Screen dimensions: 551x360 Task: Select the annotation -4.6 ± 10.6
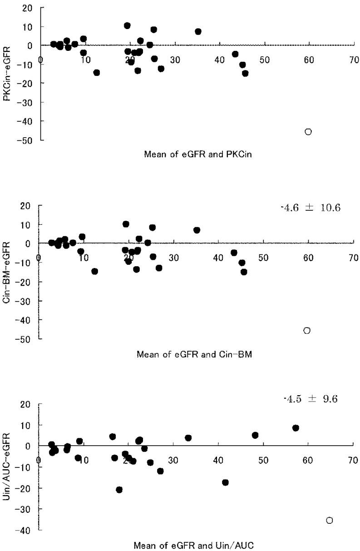tap(311, 208)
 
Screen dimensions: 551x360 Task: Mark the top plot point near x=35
tap(198, 31)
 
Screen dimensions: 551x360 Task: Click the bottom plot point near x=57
tap(296, 428)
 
